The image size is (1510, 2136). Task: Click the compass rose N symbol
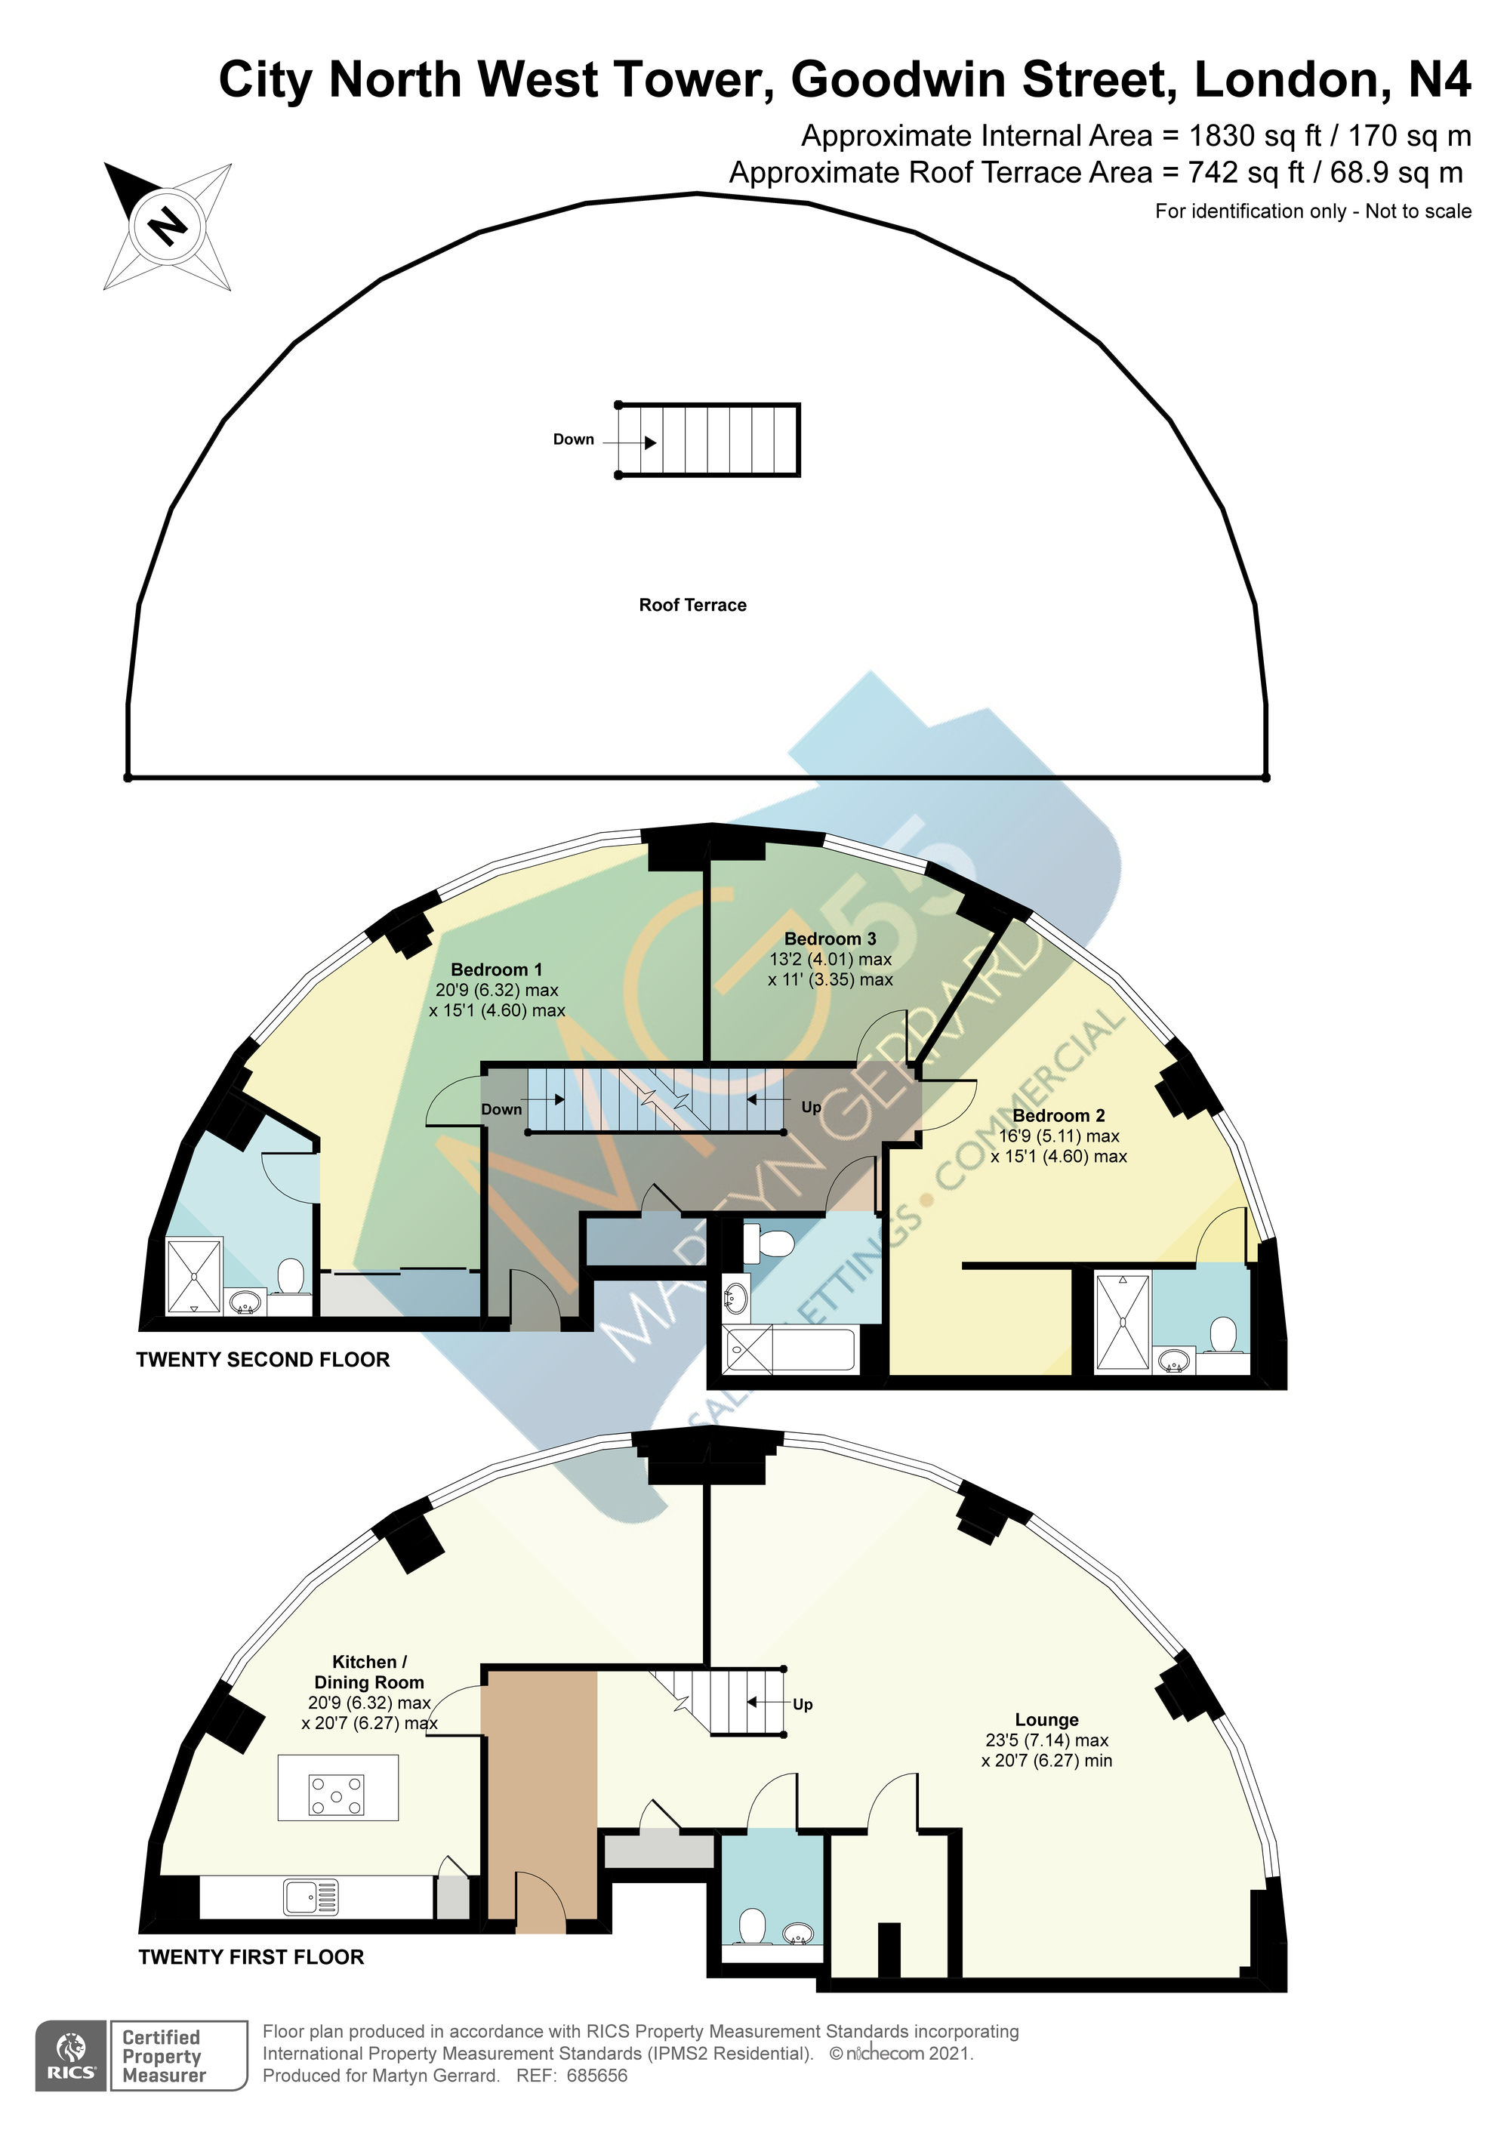[168, 226]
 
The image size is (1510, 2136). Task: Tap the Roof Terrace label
[692, 605]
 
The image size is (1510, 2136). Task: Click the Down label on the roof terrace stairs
[573, 439]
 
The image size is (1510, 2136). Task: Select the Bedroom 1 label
[496, 969]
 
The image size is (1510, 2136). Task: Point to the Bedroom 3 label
[830, 939]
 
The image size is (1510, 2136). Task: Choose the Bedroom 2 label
[1059, 1115]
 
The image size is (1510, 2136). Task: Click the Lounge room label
[1046, 1720]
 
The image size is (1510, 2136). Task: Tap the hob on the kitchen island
[337, 1795]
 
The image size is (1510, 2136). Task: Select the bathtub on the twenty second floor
[790, 1351]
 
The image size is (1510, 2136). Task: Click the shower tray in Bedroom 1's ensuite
[195, 1275]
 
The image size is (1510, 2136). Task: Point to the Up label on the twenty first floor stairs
[803, 1703]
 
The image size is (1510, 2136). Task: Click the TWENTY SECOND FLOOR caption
[263, 1359]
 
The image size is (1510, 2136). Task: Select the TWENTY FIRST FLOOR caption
[251, 1956]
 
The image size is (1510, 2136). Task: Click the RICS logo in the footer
[72, 2056]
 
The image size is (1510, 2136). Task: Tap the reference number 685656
[597, 2075]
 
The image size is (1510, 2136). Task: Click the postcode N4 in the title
[1439, 79]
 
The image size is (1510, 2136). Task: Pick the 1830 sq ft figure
[1255, 136]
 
